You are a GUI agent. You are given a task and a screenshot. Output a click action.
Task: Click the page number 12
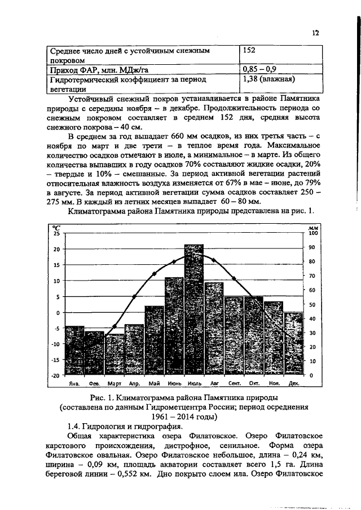click(316, 33)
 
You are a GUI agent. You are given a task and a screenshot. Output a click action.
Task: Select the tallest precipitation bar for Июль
click(193, 310)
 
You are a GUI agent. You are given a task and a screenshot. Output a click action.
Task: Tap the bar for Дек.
click(293, 344)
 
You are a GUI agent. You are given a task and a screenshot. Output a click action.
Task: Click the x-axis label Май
click(154, 383)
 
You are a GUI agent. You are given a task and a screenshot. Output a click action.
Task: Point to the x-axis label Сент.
click(235, 383)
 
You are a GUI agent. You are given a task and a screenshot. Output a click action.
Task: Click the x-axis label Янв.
click(73, 383)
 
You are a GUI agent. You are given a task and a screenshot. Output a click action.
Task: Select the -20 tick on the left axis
click(55, 375)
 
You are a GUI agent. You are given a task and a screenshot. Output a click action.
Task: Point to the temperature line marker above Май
click(154, 274)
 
